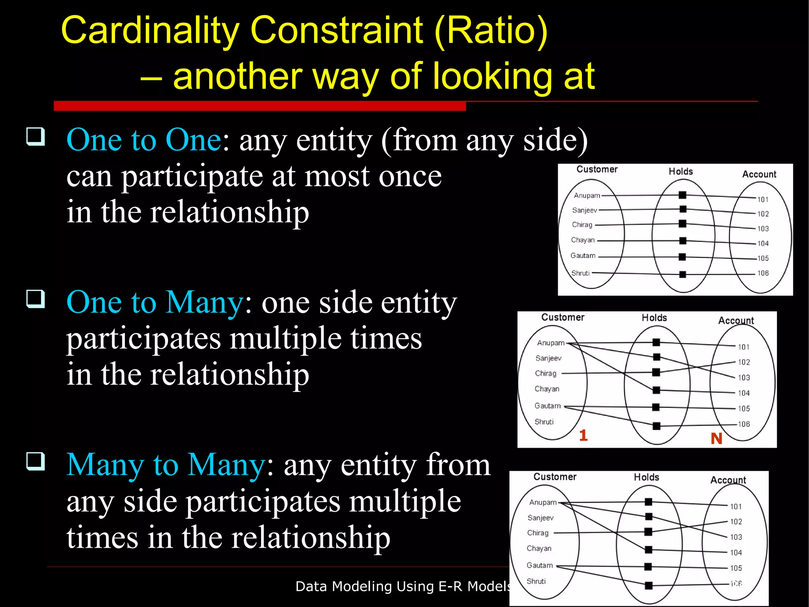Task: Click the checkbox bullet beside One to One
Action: [x=36, y=137]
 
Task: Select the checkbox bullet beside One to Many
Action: [x=36, y=299]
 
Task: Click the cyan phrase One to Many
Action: [x=155, y=302]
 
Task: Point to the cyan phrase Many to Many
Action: [x=166, y=465]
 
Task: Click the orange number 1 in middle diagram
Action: [x=583, y=435]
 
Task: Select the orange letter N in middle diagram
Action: [x=716, y=439]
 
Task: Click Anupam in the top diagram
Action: [x=587, y=195]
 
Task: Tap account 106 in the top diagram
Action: [x=763, y=273]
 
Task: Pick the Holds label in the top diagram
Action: [x=681, y=172]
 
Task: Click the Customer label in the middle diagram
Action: [x=563, y=317]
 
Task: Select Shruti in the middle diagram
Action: [x=544, y=422]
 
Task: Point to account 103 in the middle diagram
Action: [x=744, y=377]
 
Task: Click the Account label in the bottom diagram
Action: [x=728, y=480]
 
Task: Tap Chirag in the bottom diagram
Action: [x=538, y=533]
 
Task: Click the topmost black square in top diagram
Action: [x=682, y=195]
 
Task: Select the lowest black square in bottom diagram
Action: [x=648, y=585]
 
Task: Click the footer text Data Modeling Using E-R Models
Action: [x=403, y=586]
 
